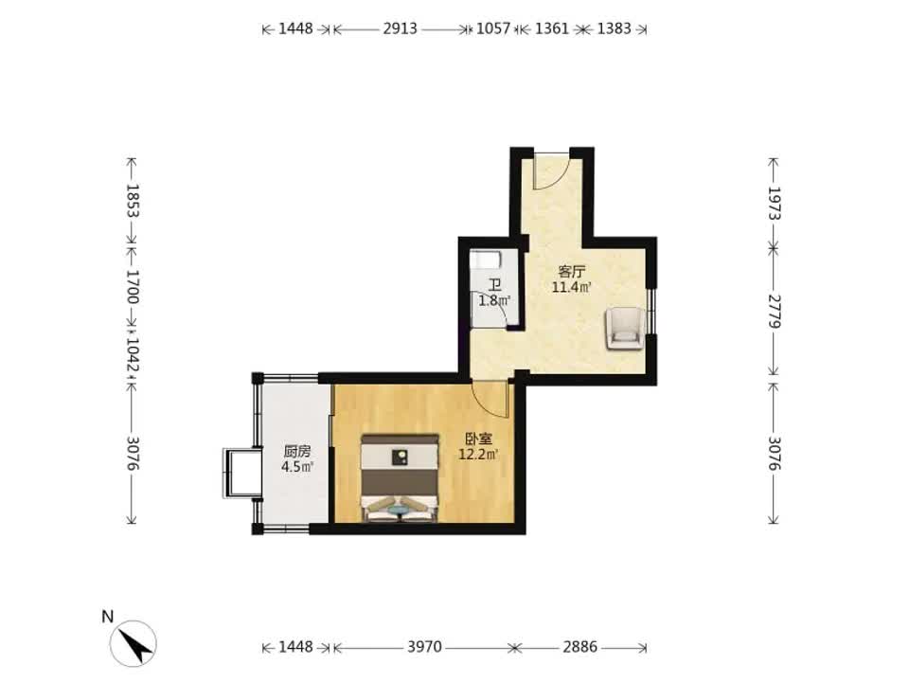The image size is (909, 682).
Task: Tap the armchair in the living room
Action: click(x=625, y=329)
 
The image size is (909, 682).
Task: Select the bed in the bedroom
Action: click(x=400, y=477)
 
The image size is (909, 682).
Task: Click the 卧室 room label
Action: click(x=479, y=440)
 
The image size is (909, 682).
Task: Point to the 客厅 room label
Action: click(x=572, y=272)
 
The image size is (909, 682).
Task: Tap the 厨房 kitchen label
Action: click(x=296, y=451)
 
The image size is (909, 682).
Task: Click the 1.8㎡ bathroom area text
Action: click(x=494, y=301)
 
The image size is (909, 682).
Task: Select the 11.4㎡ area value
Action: click(x=572, y=287)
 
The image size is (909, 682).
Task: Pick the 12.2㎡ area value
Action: click(x=479, y=455)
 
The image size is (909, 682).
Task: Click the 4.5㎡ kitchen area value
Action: click(x=296, y=467)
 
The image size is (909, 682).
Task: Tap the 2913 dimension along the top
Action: click(x=400, y=28)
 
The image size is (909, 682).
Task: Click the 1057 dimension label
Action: click(x=493, y=28)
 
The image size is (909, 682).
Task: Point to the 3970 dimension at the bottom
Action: click(x=425, y=647)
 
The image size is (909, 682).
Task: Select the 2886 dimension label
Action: click(x=580, y=647)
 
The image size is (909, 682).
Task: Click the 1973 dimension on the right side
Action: click(x=775, y=203)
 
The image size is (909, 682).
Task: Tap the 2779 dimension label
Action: click(x=775, y=312)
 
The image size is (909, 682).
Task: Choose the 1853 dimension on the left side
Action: click(x=133, y=201)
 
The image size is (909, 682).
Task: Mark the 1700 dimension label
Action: click(x=133, y=287)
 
